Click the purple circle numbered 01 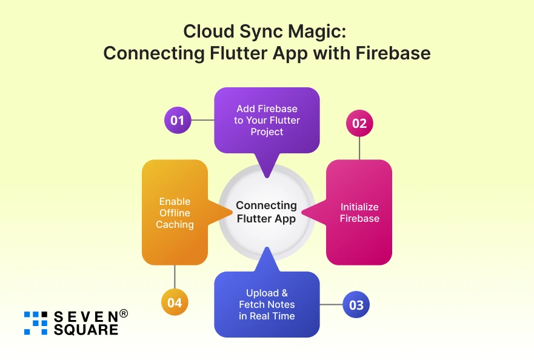[178, 120]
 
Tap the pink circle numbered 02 [359, 123]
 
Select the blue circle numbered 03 [356, 304]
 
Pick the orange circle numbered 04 [175, 302]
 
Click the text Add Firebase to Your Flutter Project [267, 120]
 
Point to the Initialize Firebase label [359, 213]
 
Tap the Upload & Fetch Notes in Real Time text [267, 304]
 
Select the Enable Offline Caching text [175, 213]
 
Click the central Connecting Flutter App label [267, 212]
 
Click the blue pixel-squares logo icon [35, 323]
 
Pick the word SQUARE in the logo [85, 330]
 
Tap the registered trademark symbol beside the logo [124, 313]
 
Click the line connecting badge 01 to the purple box [202, 120]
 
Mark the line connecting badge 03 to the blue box [331, 304]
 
